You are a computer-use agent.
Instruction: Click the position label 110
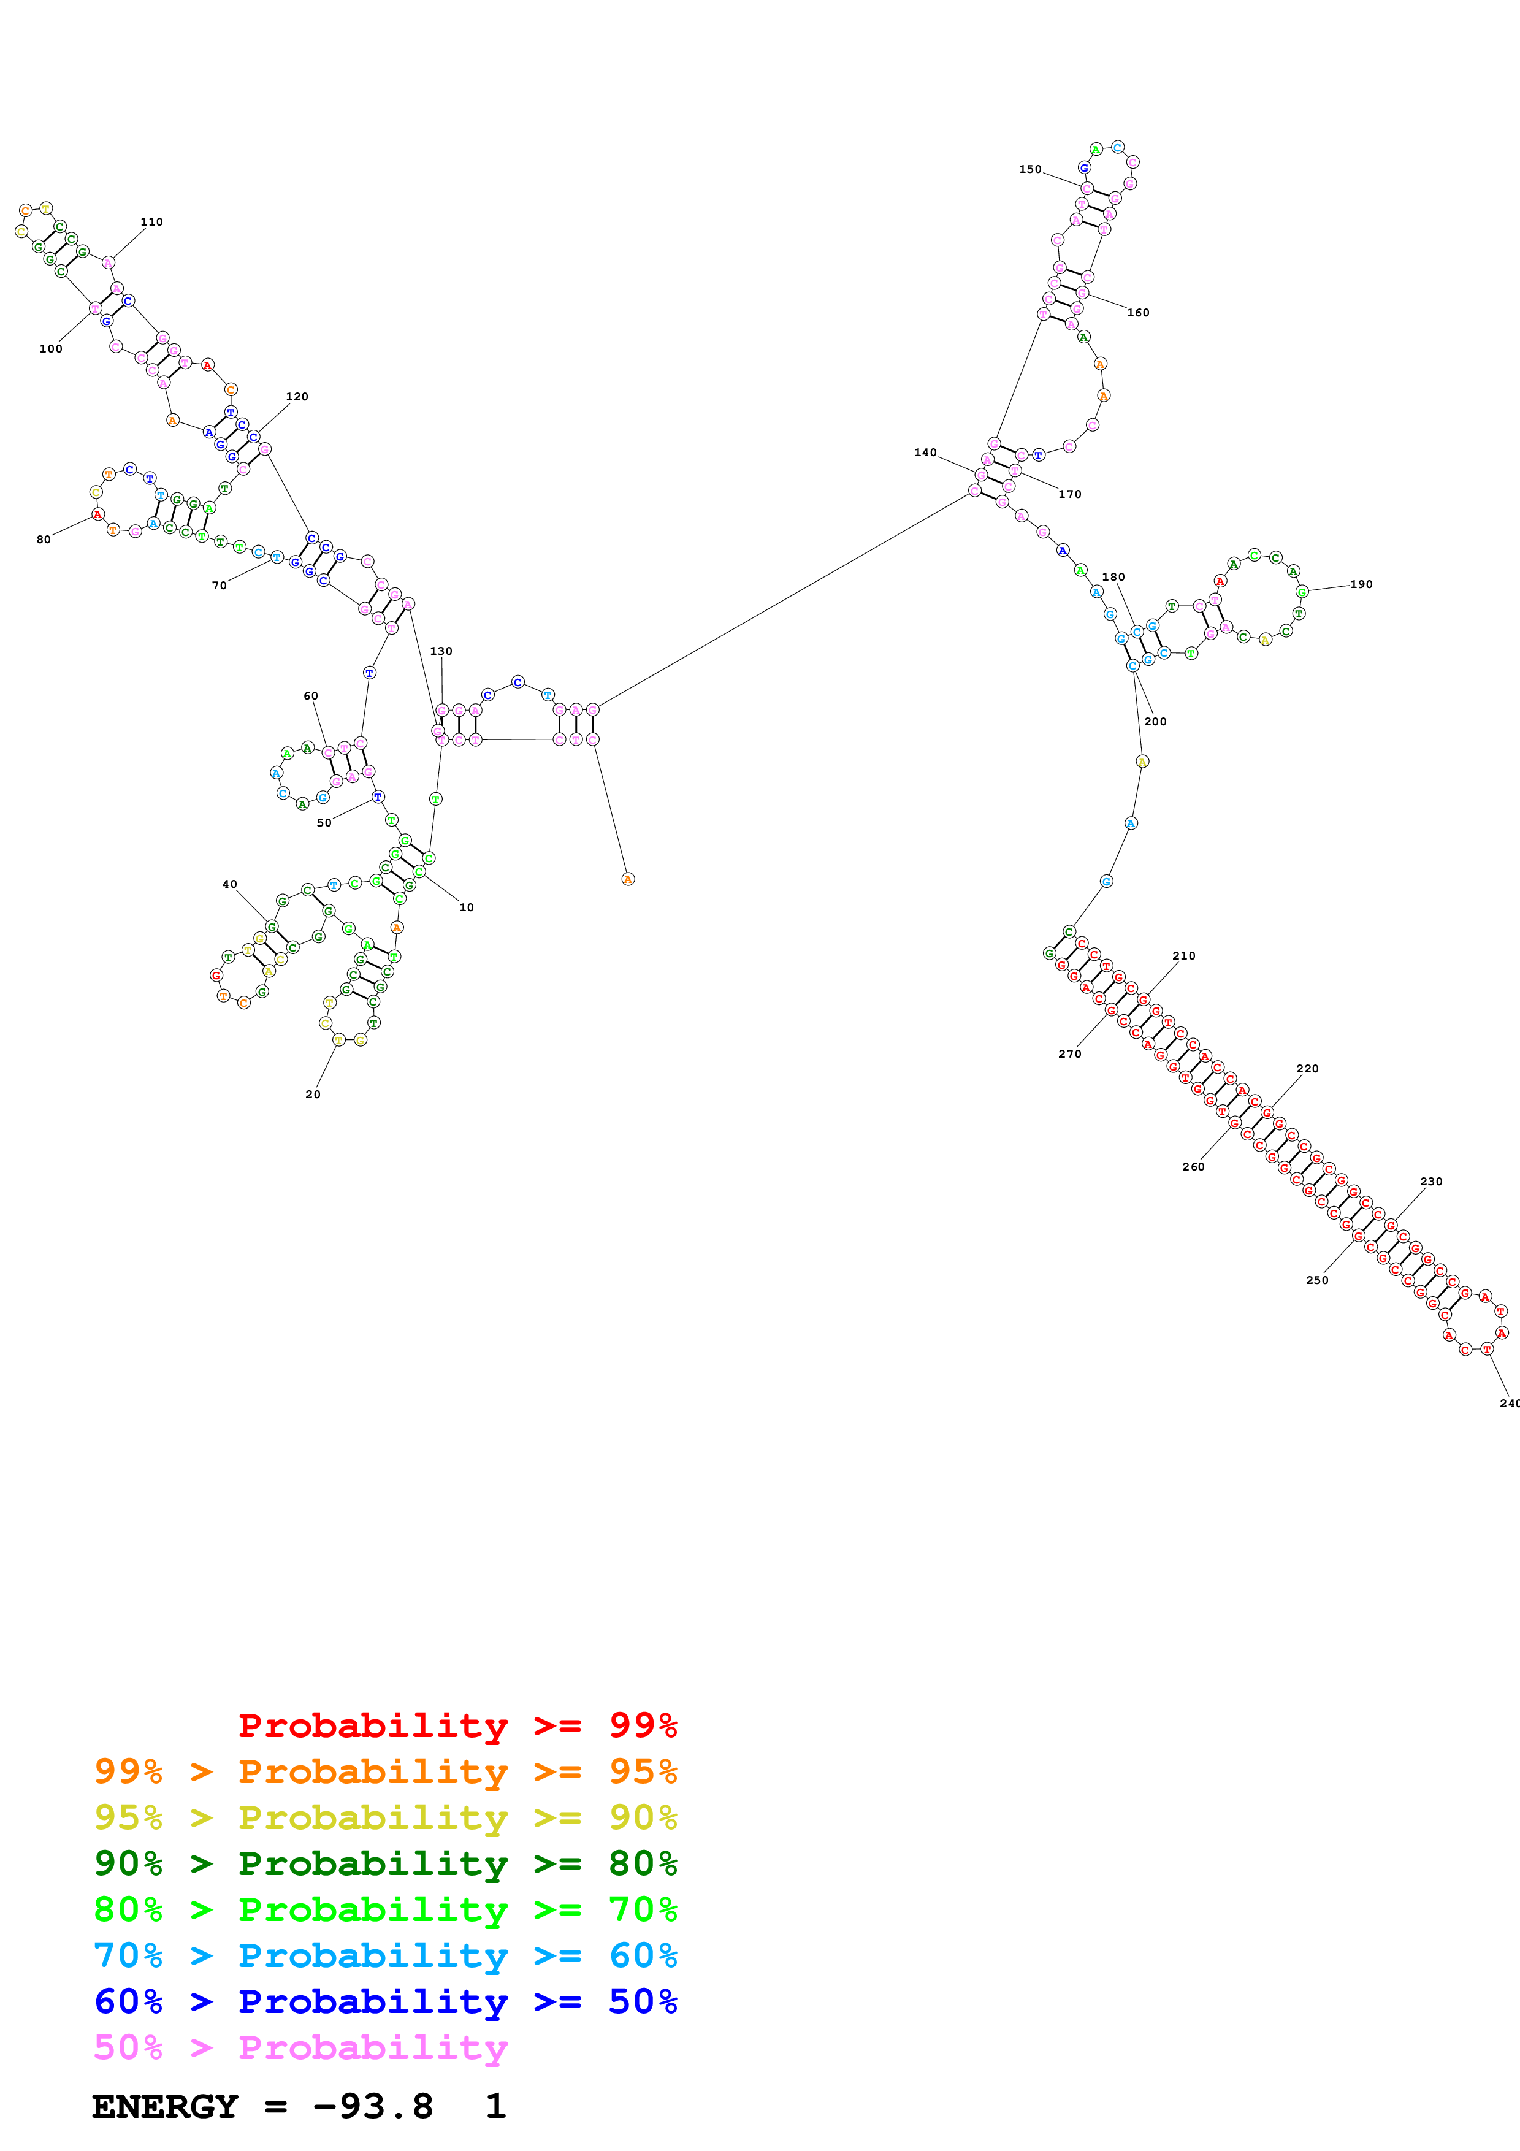point(151,222)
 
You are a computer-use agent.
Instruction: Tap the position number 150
point(1030,170)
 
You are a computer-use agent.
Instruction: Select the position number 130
point(441,651)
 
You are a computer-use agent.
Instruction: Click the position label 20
point(313,1095)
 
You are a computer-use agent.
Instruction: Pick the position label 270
point(1069,1054)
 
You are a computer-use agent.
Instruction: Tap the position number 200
point(1156,721)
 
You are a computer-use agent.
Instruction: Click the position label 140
point(925,453)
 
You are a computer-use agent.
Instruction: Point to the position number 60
point(311,696)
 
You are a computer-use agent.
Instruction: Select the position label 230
point(1431,1182)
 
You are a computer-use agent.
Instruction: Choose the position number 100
point(50,348)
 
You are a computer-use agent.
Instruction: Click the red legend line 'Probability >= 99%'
point(457,1725)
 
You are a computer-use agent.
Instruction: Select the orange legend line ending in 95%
point(385,1771)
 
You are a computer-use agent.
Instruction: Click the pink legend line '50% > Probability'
point(300,2047)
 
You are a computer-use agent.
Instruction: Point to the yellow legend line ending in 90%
point(385,1817)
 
